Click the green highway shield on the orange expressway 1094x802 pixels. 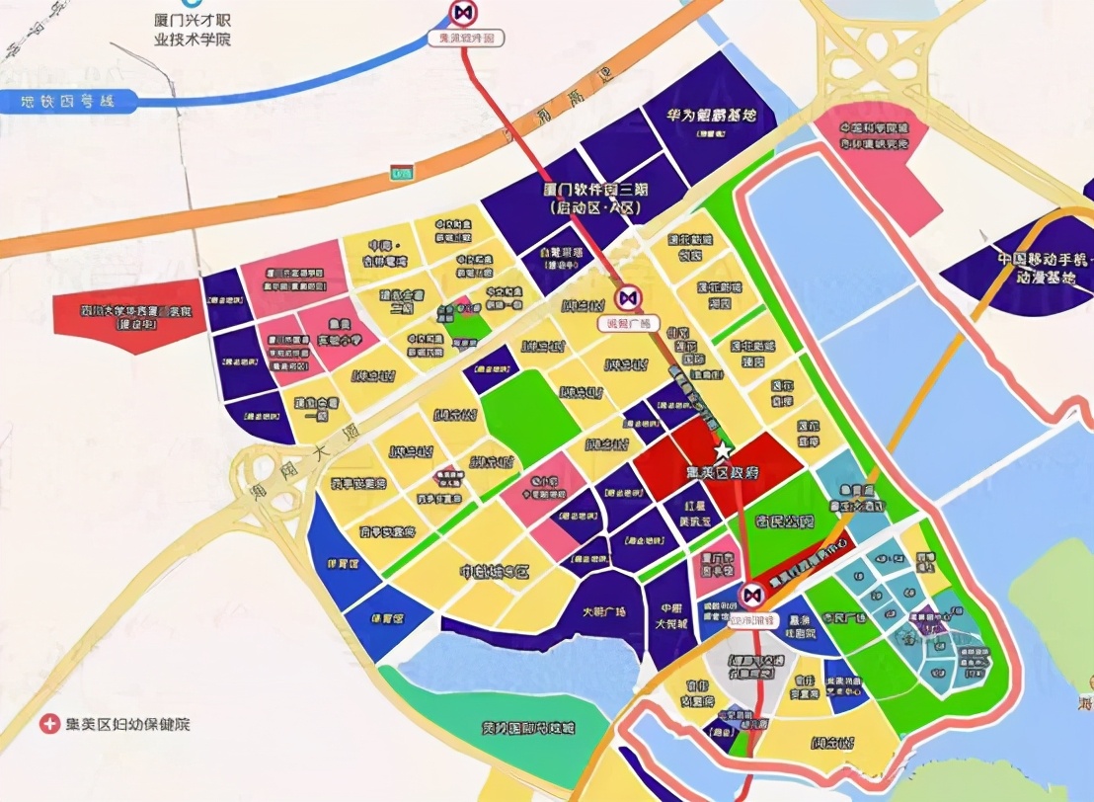[401, 171]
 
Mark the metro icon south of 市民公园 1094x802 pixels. [750, 594]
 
